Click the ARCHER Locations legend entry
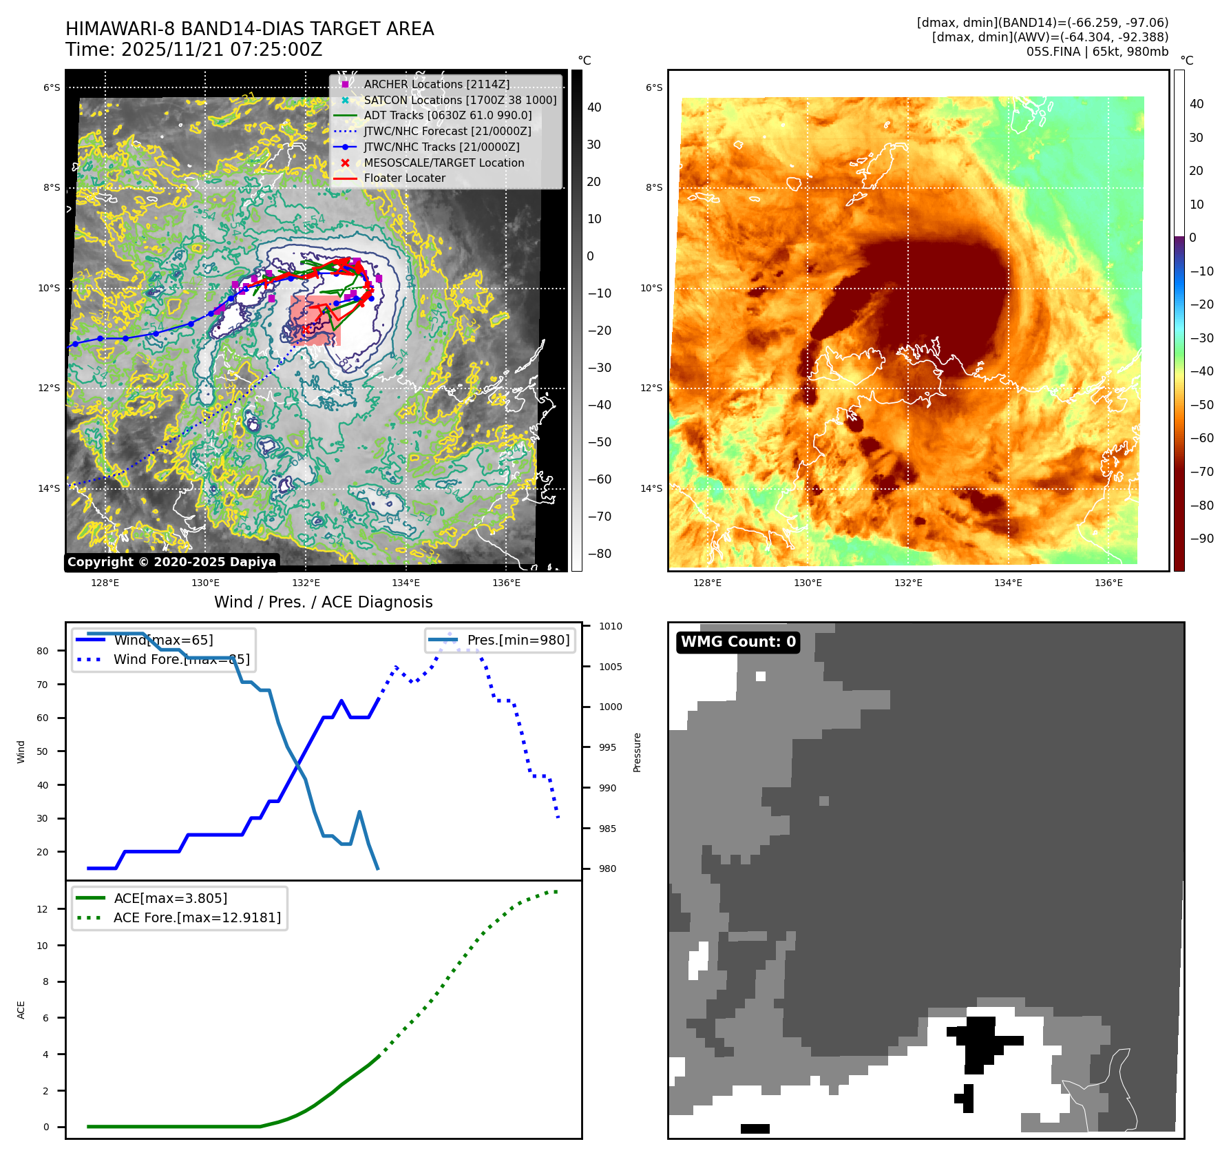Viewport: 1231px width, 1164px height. [436, 84]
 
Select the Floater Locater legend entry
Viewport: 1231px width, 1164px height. [404, 178]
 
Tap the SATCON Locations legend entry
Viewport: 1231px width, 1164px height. [460, 100]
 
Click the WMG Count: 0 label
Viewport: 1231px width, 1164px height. [738, 642]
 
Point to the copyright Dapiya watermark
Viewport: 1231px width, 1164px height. [171, 562]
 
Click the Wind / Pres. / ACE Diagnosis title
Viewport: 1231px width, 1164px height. [323, 602]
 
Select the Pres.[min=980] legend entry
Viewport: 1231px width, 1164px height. [518, 640]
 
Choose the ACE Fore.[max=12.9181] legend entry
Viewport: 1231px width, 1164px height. [197, 917]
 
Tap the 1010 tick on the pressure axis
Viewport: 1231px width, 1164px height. [610, 626]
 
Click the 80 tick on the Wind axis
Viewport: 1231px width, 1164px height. [43, 651]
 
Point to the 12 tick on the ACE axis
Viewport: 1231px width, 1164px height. [43, 909]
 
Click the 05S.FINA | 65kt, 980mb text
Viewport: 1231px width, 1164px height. [1097, 52]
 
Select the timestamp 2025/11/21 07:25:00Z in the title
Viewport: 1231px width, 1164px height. [221, 50]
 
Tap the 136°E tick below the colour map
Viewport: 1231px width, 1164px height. [1108, 583]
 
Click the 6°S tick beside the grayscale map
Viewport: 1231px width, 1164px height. [52, 87]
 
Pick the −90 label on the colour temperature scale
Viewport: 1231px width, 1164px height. [1201, 539]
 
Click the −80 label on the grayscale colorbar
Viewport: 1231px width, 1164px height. [599, 554]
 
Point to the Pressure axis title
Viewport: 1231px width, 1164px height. [638, 752]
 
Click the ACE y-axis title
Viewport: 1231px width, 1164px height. [21, 1010]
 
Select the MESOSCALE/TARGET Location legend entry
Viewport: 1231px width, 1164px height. [443, 163]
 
